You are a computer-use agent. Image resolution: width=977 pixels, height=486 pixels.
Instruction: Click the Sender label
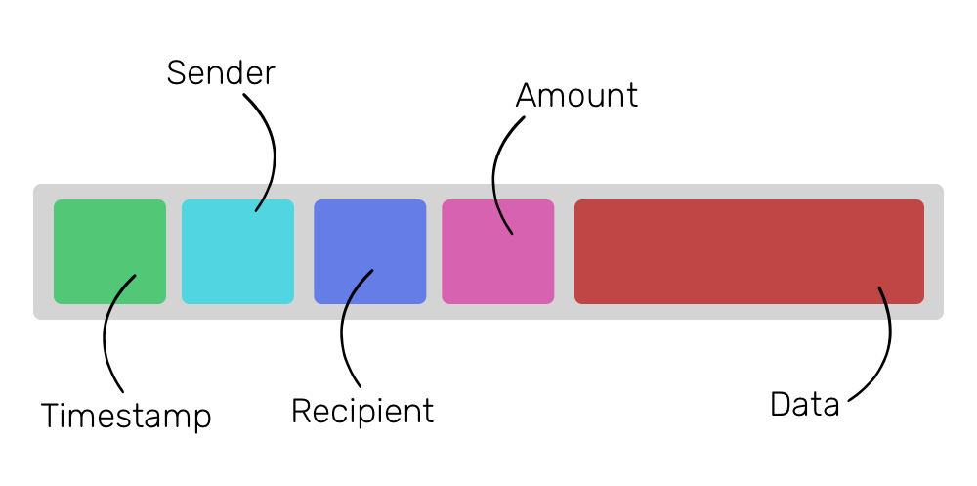coord(221,72)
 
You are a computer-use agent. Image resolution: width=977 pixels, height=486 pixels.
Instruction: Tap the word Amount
coord(576,96)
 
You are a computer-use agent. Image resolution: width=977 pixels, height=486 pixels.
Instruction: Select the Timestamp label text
coord(126,416)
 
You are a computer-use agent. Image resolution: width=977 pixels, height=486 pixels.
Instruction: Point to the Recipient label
coord(362,411)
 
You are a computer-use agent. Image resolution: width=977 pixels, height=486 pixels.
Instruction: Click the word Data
coord(804,404)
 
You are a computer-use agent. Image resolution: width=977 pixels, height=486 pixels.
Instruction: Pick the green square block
coord(109,251)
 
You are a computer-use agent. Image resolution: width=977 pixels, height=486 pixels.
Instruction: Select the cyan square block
coord(237,251)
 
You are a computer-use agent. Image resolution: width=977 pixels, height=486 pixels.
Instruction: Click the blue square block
coord(369,251)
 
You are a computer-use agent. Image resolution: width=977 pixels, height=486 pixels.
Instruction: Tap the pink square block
coord(498,251)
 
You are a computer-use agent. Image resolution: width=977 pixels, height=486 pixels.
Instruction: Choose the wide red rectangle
coord(749,251)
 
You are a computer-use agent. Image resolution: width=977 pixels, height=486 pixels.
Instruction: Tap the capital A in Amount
coord(528,96)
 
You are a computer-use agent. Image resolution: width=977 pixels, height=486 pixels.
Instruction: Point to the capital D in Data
coord(779,404)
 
